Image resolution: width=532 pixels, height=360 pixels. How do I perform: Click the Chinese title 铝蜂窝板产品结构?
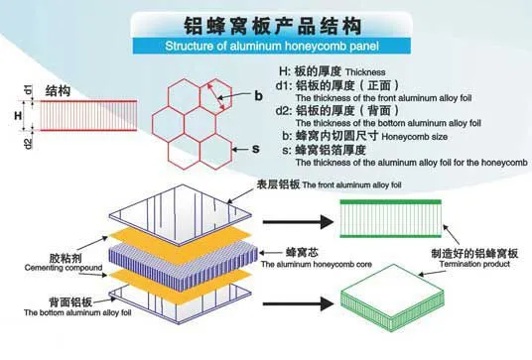(x=272, y=26)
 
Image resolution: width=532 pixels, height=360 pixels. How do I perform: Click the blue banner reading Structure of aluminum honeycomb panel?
(x=271, y=46)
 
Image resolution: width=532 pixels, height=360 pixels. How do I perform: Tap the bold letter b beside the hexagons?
(x=258, y=96)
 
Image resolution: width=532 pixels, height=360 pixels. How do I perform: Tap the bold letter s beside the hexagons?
(x=256, y=149)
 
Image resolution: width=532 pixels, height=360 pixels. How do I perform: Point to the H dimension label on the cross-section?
(x=18, y=116)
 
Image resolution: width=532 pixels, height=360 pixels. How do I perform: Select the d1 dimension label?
(x=29, y=89)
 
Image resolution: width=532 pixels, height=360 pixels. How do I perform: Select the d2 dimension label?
(x=29, y=144)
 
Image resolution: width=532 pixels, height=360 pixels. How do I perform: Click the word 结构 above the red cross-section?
(x=58, y=91)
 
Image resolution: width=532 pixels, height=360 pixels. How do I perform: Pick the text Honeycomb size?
(x=414, y=137)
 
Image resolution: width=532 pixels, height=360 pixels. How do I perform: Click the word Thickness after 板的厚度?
(x=365, y=72)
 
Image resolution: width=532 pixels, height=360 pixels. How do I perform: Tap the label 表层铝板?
(x=278, y=184)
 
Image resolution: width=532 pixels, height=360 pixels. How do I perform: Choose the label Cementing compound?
(x=64, y=268)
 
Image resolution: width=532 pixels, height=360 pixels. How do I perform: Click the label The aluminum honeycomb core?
(x=317, y=265)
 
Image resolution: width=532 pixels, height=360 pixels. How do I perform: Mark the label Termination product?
(x=474, y=264)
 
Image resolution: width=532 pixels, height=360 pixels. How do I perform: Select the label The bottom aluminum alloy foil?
(x=77, y=312)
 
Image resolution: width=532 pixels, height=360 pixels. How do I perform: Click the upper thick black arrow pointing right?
(x=298, y=222)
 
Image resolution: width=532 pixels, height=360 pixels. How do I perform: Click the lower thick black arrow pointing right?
(x=298, y=303)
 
